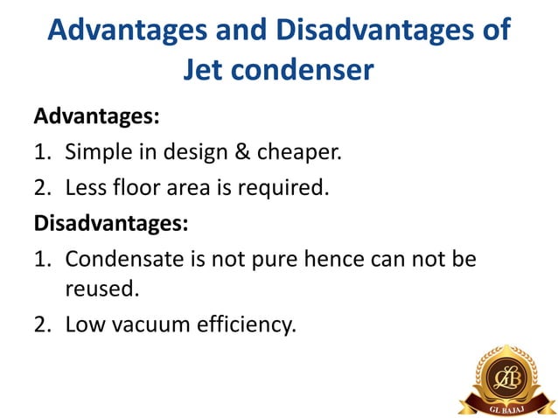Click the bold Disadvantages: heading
coord(110,223)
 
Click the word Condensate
coord(124,259)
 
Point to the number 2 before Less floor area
coord(42,187)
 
